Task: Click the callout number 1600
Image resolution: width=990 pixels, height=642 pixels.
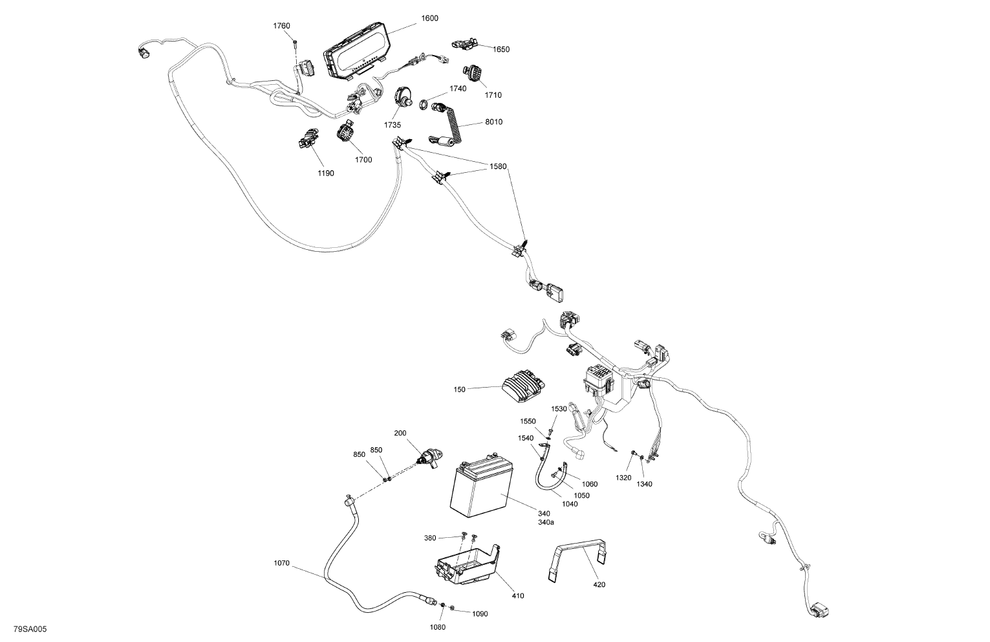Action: (x=429, y=18)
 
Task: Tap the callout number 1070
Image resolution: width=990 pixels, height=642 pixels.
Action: (x=281, y=563)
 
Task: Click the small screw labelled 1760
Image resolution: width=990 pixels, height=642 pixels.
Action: (x=295, y=43)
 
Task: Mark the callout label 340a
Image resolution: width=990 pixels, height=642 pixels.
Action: (x=546, y=522)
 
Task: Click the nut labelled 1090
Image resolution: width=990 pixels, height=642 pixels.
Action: (x=453, y=608)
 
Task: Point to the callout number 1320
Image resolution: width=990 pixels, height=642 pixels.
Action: (x=623, y=478)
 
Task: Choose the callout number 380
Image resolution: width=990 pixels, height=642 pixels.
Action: (x=448, y=538)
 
